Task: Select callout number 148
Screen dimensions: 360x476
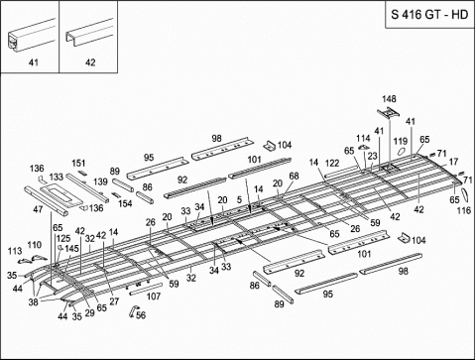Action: point(390,99)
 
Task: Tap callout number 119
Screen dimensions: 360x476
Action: point(401,142)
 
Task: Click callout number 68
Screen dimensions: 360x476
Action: point(294,177)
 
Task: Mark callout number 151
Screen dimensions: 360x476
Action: point(79,163)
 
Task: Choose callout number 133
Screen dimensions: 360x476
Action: point(58,177)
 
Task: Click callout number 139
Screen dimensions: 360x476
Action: point(99,182)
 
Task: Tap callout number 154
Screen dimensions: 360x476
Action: point(125,203)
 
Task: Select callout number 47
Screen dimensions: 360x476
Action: point(38,210)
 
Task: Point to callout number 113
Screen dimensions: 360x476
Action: point(15,251)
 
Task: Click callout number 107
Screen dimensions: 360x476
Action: point(153,296)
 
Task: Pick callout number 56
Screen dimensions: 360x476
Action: point(140,315)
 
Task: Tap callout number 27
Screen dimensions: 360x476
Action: point(114,300)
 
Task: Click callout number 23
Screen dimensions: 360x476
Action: point(373,156)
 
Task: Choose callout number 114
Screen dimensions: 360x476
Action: point(363,138)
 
